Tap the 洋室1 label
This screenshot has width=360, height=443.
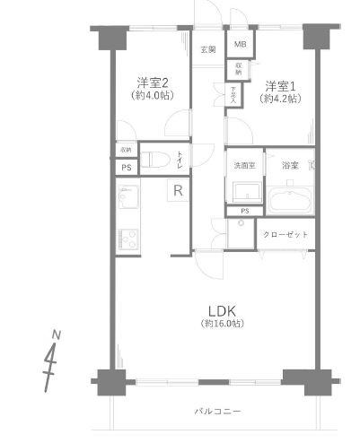(x=277, y=85)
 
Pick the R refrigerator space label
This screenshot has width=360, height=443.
(x=178, y=189)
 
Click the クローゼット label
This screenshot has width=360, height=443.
(x=286, y=234)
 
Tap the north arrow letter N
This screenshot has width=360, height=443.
(x=57, y=335)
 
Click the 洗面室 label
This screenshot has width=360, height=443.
(x=244, y=166)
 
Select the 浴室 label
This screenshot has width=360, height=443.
(x=289, y=166)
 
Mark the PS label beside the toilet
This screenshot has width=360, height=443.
(x=125, y=168)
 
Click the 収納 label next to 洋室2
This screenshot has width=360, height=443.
(x=125, y=150)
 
